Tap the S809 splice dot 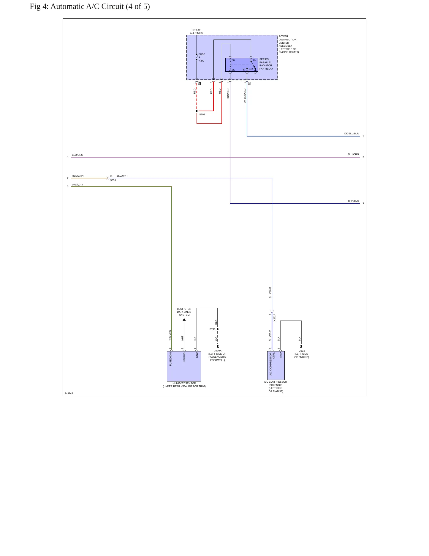point(197,111)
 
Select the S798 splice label point(212,329)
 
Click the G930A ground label point(217,351)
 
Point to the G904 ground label point(302,351)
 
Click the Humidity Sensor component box point(184,366)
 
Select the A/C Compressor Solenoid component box point(276,365)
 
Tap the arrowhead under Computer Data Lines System point(184,320)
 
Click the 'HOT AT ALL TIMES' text point(196,32)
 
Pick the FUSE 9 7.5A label point(202,57)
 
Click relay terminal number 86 point(233,60)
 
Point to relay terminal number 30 point(254,60)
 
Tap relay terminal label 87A point(251,69)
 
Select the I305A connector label point(113,180)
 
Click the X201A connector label point(275,318)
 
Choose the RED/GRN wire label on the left point(77,176)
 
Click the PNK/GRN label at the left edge point(77,185)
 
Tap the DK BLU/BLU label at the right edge point(352,133)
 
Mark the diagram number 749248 point(69,393)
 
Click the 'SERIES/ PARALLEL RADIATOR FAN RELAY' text point(266,64)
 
